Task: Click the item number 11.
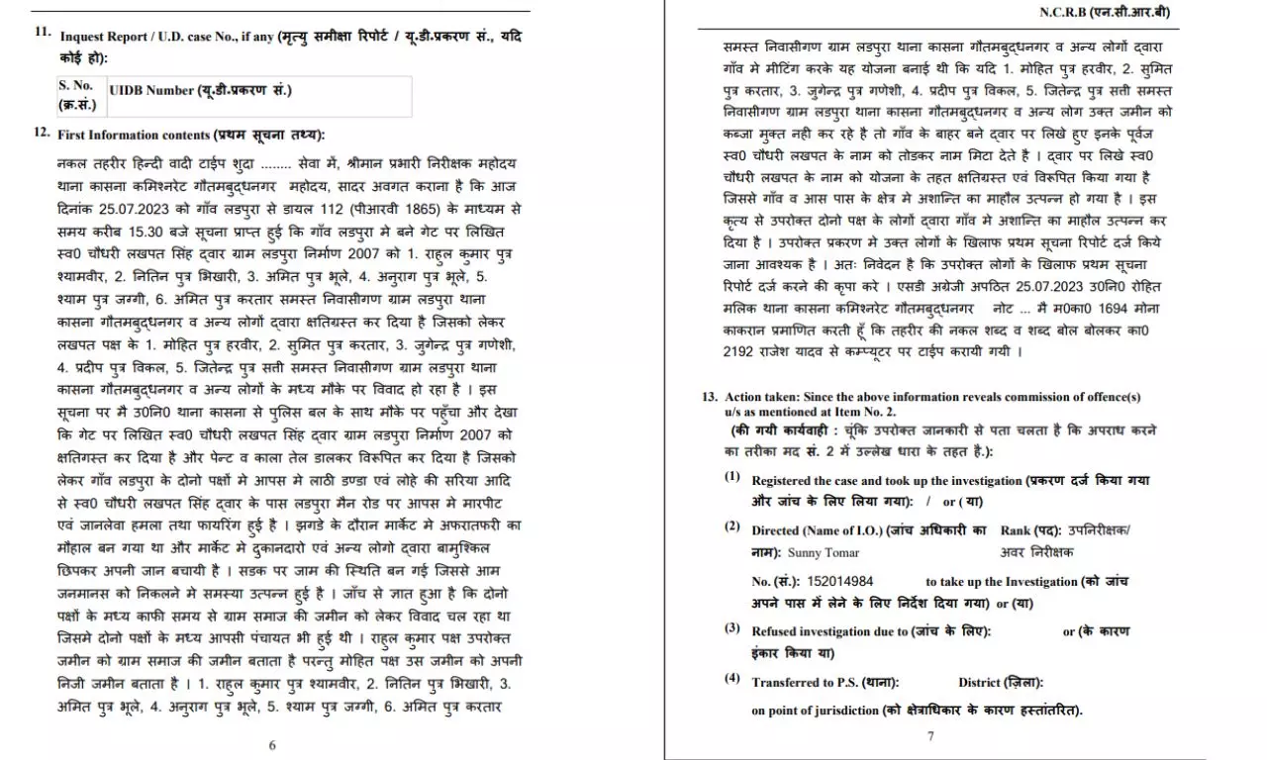tap(43, 32)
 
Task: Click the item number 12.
tap(43, 132)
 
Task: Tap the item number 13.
tap(710, 396)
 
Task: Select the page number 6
tap(272, 745)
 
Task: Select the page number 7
tap(930, 735)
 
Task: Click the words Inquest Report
tap(99, 37)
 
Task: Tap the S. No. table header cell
tap(76, 94)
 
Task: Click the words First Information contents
tap(134, 134)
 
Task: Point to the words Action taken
tap(758, 397)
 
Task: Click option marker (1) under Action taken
tap(731, 477)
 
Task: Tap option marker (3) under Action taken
tap(731, 628)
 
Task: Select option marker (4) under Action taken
tap(731, 679)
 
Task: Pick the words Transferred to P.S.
tap(804, 682)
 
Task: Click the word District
tap(979, 682)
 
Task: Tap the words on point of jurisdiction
tap(814, 711)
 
